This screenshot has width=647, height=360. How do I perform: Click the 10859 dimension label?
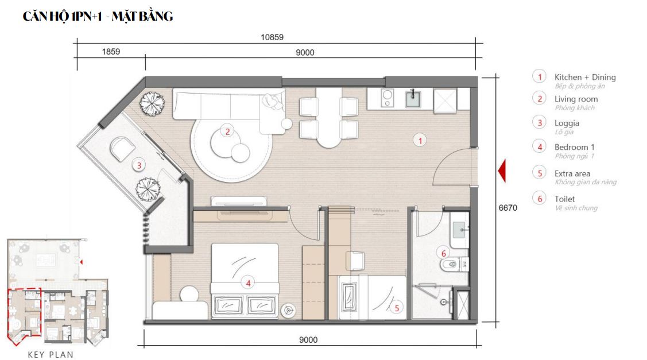point(272,37)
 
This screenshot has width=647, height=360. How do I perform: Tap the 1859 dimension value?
point(111,52)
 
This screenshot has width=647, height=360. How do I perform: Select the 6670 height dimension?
point(507,208)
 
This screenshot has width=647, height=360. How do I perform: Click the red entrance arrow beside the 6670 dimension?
point(502,171)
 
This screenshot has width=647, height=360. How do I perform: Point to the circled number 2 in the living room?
point(227,131)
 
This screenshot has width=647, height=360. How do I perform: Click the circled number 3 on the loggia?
point(139,165)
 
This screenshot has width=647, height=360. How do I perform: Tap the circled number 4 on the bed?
point(248,283)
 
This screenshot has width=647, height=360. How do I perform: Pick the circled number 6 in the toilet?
point(444,253)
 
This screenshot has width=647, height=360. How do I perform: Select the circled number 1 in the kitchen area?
point(420,141)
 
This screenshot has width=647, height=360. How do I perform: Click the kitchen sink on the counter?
point(413,98)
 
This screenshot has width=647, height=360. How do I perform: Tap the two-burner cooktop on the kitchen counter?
point(387,98)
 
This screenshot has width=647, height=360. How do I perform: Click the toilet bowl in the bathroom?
point(451,264)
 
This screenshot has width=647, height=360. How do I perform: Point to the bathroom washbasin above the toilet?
point(460,230)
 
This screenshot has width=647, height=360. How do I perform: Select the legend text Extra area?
point(572,173)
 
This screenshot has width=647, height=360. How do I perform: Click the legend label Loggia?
point(567,123)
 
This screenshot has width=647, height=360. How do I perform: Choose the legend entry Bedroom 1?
point(574,147)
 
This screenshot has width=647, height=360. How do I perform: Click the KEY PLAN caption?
point(51,354)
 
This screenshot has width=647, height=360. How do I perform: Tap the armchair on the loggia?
point(122,149)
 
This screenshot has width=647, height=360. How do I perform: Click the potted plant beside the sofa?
point(152,103)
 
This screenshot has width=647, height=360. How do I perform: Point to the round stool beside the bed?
point(190,295)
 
